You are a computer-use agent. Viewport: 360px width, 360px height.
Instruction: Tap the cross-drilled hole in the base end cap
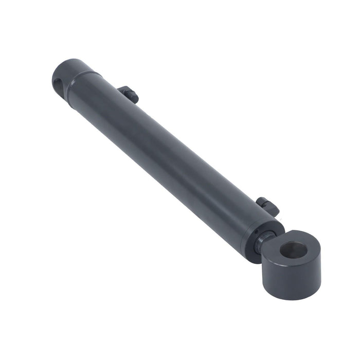pos(58,83)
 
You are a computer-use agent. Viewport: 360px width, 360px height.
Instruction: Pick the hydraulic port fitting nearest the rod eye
pos(268,206)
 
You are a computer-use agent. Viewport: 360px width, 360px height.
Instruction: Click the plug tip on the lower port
pos(272,209)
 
